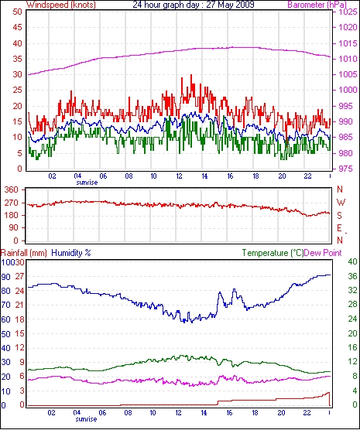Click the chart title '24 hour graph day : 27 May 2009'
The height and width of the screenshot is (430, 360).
[194, 5]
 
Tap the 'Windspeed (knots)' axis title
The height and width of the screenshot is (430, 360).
[61, 5]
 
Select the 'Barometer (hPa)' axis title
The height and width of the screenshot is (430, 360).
[317, 5]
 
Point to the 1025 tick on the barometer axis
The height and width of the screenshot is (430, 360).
[348, 12]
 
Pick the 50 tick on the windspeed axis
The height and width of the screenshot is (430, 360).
[17, 12]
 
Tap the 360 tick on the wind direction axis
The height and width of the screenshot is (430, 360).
[12, 189]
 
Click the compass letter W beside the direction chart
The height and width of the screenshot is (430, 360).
[341, 203]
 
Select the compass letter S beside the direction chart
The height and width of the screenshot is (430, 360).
[340, 216]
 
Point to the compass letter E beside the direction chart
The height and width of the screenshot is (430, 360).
[339, 228]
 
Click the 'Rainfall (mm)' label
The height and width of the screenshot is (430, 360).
[24, 253]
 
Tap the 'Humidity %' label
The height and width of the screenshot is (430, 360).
[71, 253]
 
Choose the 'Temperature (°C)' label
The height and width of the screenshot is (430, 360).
[273, 253]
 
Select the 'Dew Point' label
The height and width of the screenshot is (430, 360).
[323, 253]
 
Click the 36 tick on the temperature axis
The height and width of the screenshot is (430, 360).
[352, 276]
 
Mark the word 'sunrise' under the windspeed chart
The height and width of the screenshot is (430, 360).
[87, 183]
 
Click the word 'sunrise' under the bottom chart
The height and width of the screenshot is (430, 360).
[86, 419]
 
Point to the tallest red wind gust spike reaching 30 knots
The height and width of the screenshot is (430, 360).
[191, 75]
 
